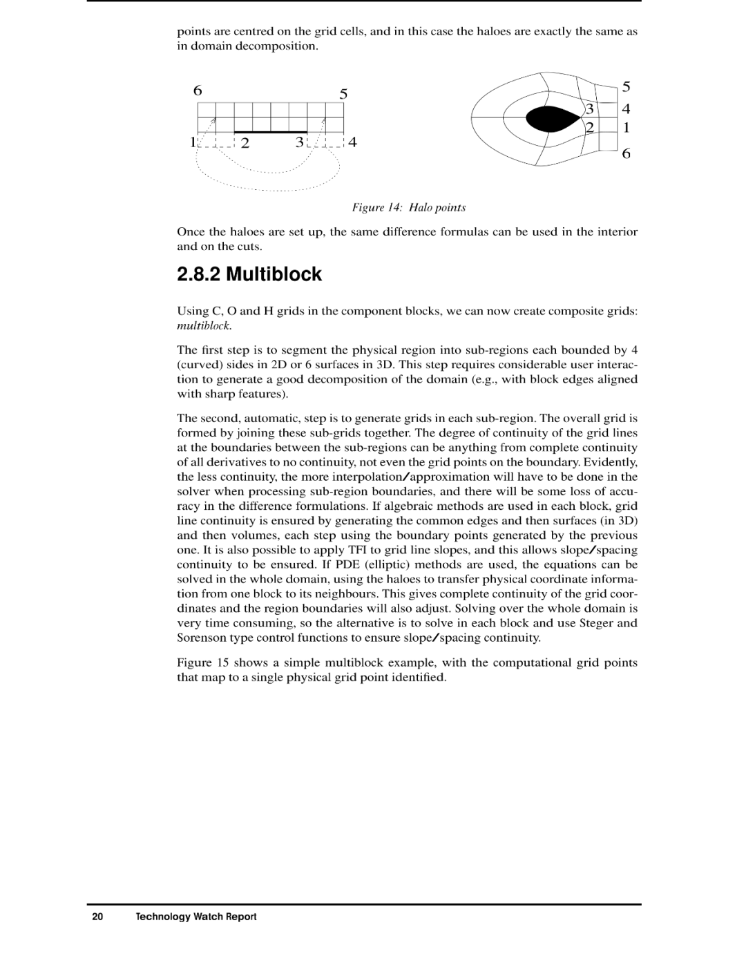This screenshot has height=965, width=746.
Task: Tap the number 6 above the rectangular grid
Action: tap(198, 90)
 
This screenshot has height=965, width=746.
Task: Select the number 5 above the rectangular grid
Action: tap(343, 94)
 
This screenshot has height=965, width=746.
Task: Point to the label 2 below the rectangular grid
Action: tap(245, 143)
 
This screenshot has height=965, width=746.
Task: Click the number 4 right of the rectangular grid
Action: tap(352, 142)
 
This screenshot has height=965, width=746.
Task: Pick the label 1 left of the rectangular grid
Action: tap(193, 142)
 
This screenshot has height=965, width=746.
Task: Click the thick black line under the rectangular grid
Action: tap(271, 132)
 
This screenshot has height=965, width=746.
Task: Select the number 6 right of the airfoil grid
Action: tap(626, 153)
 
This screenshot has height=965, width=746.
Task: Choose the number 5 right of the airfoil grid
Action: tap(626, 87)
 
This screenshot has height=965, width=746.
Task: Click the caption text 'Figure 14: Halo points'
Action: tap(409, 207)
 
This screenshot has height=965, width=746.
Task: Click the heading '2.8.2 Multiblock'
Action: tap(249, 274)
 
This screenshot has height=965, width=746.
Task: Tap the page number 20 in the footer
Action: tap(97, 917)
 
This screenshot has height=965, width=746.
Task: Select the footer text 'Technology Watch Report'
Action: tap(196, 917)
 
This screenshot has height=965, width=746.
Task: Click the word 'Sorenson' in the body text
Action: tap(200, 638)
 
